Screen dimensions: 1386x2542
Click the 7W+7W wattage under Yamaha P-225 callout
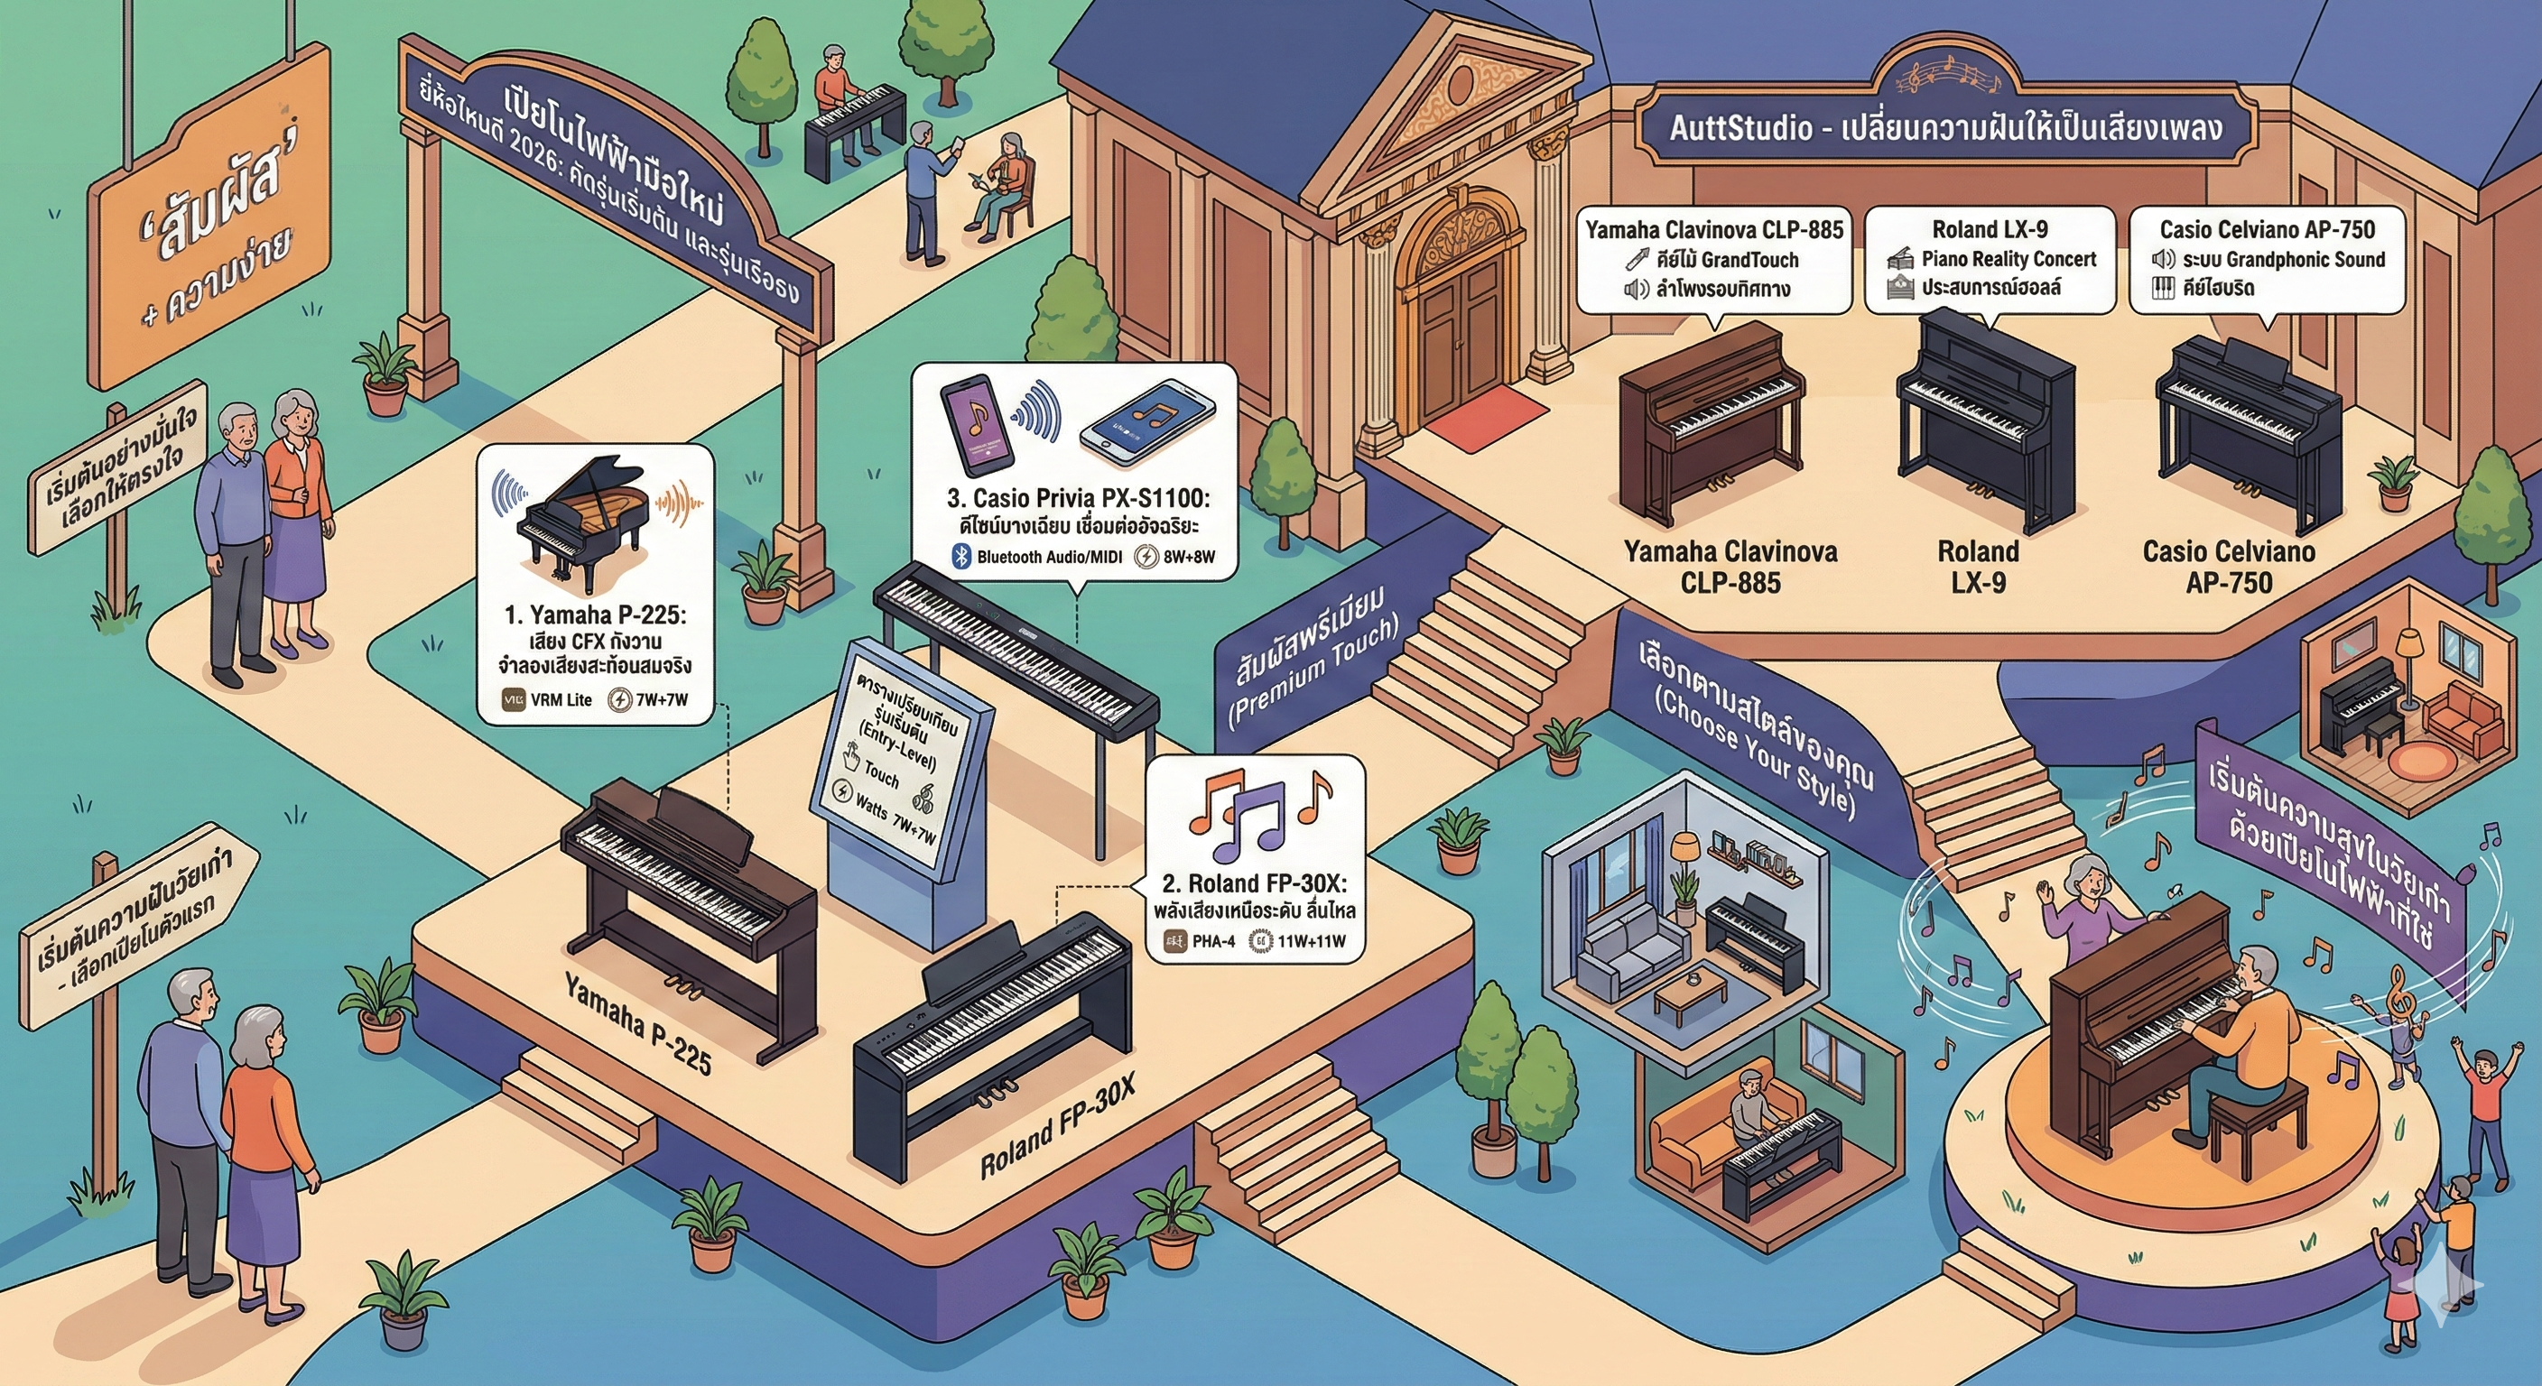click(x=661, y=700)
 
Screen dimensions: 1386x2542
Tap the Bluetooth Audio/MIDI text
click(x=1049, y=557)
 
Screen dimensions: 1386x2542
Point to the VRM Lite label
click(x=561, y=700)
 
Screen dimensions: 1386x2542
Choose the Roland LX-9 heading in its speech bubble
click(x=1990, y=230)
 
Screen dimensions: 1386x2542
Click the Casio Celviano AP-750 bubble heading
click(x=2267, y=230)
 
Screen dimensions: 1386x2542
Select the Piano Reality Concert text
click(x=2009, y=260)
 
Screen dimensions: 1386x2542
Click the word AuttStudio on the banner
click(x=1740, y=128)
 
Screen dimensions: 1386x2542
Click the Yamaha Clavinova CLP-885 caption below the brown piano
click(x=1730, y=567)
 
